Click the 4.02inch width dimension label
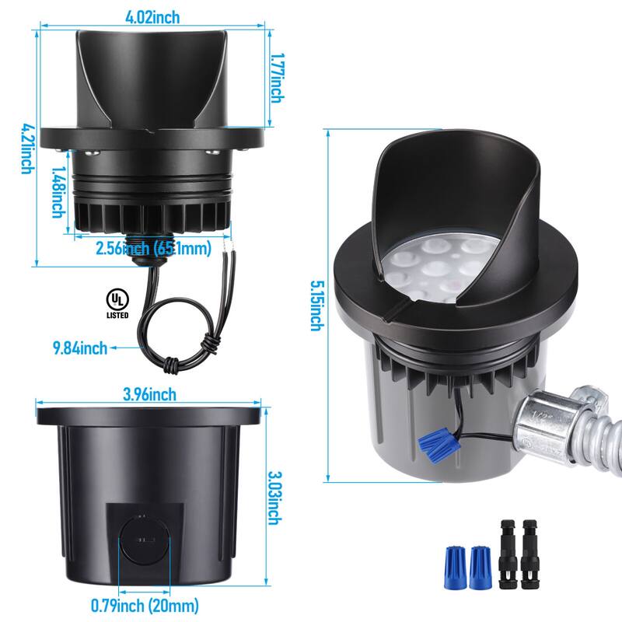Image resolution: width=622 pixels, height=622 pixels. [152, 17]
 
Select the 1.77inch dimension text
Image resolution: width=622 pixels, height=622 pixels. [278, 79]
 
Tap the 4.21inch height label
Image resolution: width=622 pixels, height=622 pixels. [27, 149]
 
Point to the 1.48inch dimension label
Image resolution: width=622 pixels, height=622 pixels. [59, 191]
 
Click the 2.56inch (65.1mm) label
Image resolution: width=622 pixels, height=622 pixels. [153, 248]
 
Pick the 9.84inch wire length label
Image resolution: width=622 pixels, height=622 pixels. [80, 348]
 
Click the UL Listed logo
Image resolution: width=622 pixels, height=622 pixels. [117, 303]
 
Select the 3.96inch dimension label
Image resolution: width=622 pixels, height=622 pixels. [149, 394]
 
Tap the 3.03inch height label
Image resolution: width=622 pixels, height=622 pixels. [275, 498]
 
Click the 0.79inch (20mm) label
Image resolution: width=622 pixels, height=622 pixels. [145, 606]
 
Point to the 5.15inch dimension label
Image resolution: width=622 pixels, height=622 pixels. [317, 306]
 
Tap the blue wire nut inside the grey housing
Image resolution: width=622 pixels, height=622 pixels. [439, 446]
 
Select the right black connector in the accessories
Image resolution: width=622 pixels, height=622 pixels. [530, 554]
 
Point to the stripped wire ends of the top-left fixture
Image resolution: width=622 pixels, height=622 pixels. [227, 244]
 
